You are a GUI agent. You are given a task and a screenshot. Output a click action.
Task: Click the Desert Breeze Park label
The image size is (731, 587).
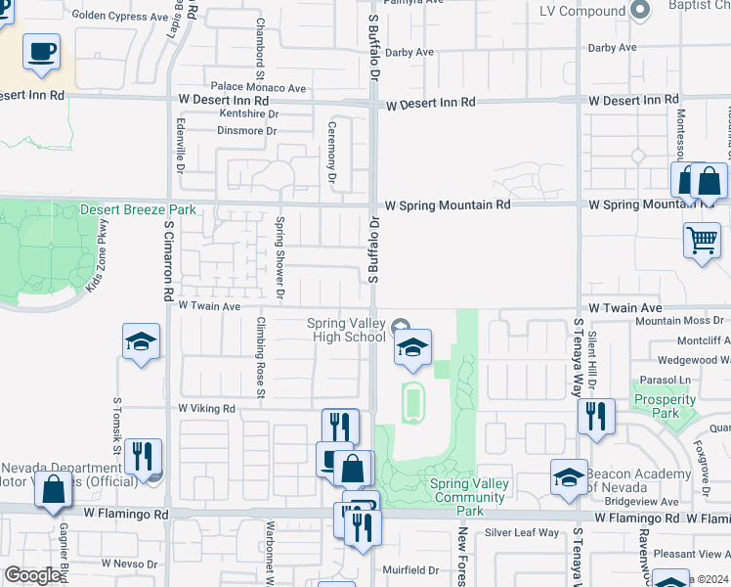(138, 209)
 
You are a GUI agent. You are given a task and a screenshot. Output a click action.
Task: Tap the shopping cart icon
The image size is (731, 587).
(703, 240)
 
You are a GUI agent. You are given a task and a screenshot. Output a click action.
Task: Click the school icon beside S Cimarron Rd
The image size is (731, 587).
(142, 342)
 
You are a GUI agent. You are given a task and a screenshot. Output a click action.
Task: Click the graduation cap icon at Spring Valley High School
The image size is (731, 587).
(412, 347)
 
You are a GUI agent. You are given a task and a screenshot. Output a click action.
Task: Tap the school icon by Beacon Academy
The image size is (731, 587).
(569, 476)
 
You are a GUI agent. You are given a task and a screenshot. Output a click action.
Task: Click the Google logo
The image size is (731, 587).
(33, 575)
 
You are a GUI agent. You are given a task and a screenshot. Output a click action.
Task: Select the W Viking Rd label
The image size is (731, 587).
(206, 408)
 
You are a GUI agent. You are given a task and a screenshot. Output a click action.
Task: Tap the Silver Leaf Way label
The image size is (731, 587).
(522, 532)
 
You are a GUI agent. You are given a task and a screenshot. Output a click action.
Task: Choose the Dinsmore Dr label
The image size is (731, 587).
(247, 130)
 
